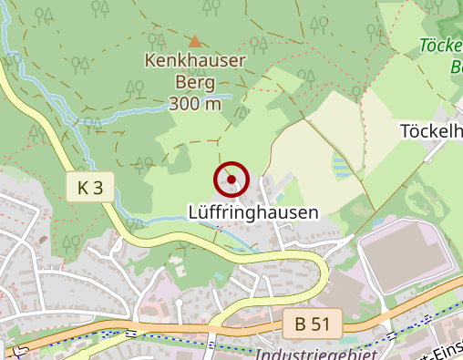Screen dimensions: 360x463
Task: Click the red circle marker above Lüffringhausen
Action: [231, 180]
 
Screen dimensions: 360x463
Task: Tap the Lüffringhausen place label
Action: [252, 212]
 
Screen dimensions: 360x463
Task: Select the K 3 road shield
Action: [90, 188]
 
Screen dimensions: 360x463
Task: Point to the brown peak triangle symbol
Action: [194, 41]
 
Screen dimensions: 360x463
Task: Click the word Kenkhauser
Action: [194, 62]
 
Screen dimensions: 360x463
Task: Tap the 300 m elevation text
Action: [195, 103]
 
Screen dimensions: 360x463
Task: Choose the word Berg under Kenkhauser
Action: [195, 82]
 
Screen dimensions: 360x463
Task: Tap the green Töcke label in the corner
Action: [441, 45]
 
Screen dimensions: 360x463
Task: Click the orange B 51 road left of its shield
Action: [182, 327]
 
